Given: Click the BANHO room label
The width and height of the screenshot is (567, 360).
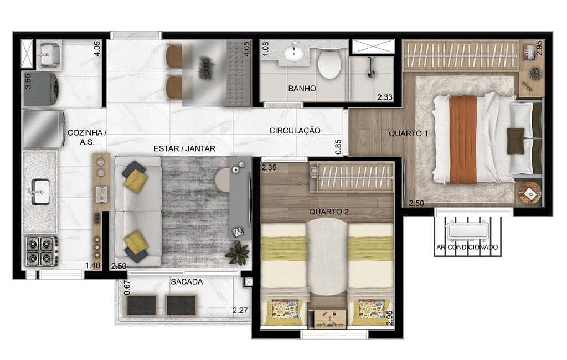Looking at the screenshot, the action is click(x=302, y=88).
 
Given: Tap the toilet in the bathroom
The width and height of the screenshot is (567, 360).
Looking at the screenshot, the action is click(x=329, y=63).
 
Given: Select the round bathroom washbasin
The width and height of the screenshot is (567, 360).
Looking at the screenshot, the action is click(x=294, y=54).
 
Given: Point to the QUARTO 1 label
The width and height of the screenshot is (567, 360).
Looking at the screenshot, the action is click(x=408, y=133).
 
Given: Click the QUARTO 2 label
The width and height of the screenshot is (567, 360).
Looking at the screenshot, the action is click(x=329, y=212).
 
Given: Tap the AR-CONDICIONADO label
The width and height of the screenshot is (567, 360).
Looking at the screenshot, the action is click(x=467, y=248).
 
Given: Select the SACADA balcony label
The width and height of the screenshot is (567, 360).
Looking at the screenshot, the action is click(x=187, y=281).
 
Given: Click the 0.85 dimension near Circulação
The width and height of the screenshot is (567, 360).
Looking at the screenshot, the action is click(x=338, y=147).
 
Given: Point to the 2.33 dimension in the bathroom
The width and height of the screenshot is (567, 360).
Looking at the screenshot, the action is click(x=385, y=97).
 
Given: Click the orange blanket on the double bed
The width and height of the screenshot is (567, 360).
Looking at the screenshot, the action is click(x=463, y=140).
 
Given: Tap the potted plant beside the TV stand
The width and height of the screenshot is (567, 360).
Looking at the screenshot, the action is click(x=238, y=253).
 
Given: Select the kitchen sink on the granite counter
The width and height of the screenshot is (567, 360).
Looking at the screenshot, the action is click(x=40, y=192).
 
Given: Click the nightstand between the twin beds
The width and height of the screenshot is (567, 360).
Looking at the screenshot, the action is click(x=328, y=318).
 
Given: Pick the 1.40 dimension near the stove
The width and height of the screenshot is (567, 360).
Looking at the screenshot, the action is click(x=92, y=265).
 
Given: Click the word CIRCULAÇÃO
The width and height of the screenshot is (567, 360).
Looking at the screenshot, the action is click(x=295, y=131).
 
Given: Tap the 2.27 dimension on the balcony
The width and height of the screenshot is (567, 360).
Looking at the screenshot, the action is click(x=240, y=311).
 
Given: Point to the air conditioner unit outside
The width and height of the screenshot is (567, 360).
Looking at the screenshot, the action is click(x=467, y=231).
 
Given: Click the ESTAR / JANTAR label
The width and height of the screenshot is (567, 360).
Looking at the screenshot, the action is click(x=184, y=148).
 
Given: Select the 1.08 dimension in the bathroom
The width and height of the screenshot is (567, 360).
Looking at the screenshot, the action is click(x=265, y=49).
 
